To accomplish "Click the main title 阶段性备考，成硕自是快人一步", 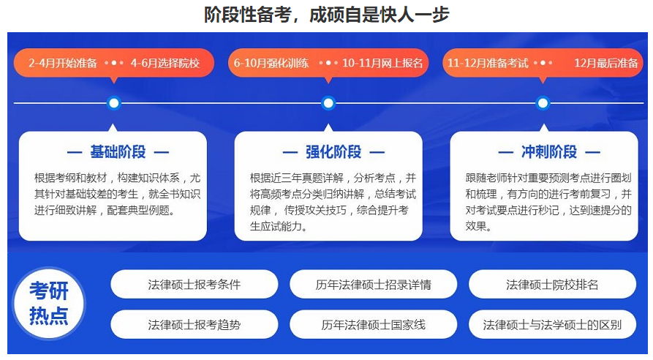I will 326,14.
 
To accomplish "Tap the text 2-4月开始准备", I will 63,63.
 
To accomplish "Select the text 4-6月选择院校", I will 165,63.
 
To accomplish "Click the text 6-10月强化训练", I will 271,63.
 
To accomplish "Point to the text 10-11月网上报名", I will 382,63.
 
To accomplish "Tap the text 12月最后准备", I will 606,63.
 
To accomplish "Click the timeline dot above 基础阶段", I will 113,103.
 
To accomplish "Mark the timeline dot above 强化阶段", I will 328,103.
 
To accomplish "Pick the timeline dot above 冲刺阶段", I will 543,103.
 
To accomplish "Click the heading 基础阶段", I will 118,152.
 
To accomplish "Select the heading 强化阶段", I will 333,152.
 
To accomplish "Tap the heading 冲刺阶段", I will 549,152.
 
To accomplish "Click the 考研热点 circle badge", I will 49,304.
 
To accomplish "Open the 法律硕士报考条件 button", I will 194,285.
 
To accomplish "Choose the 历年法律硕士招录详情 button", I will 373,285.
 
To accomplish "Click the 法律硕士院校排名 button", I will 552,285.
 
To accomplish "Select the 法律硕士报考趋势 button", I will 194,324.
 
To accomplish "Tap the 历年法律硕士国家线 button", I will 373,324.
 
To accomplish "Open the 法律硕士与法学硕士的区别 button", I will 552,324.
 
